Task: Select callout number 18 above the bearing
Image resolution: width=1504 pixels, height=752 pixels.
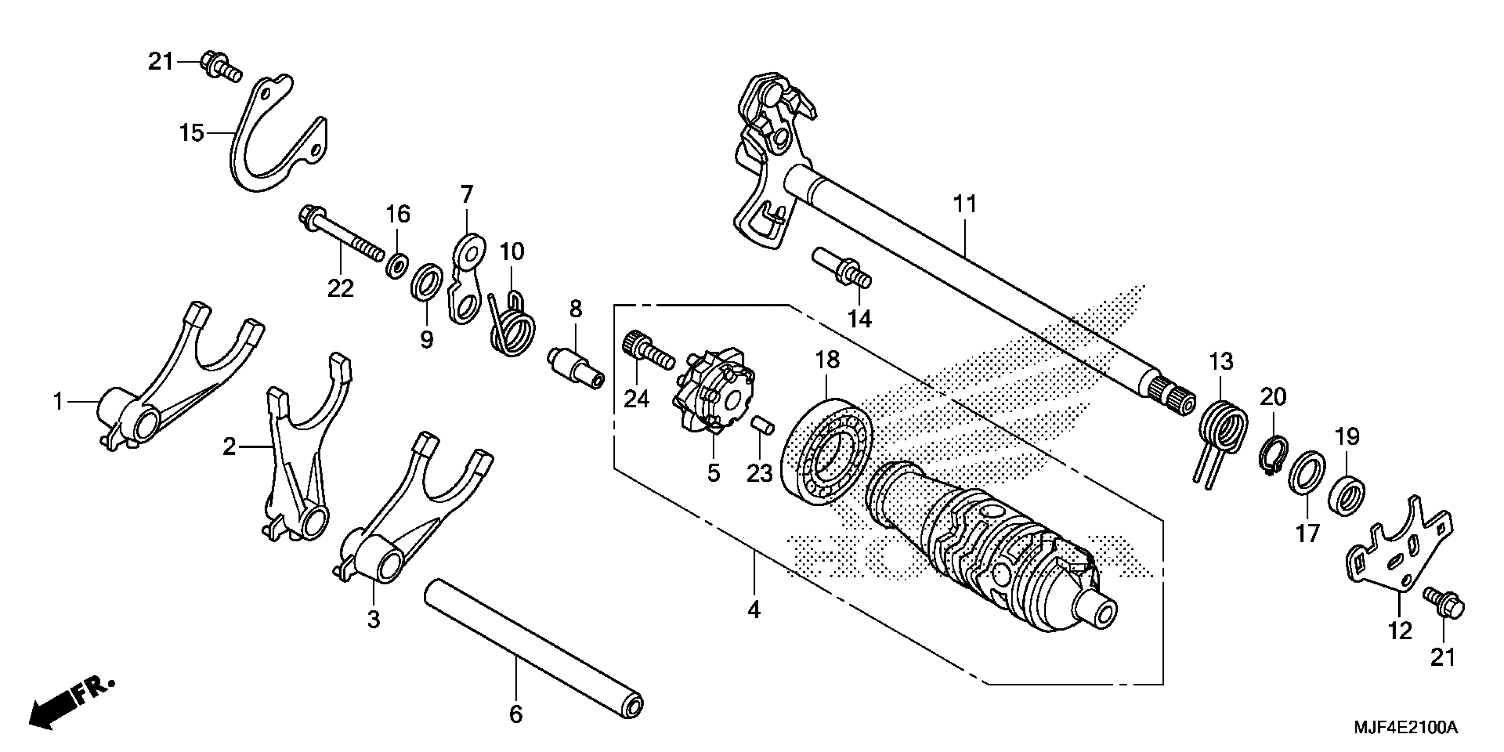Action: [x=827, y=360]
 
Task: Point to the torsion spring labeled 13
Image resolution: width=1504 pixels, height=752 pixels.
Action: [x=1223, y=429]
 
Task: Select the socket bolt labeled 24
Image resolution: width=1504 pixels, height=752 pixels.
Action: [x=648, y=351]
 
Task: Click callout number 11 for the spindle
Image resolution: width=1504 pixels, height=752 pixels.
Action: [x=964, y=205]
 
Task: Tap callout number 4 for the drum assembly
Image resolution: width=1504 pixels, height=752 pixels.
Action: [x=754, y=610]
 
